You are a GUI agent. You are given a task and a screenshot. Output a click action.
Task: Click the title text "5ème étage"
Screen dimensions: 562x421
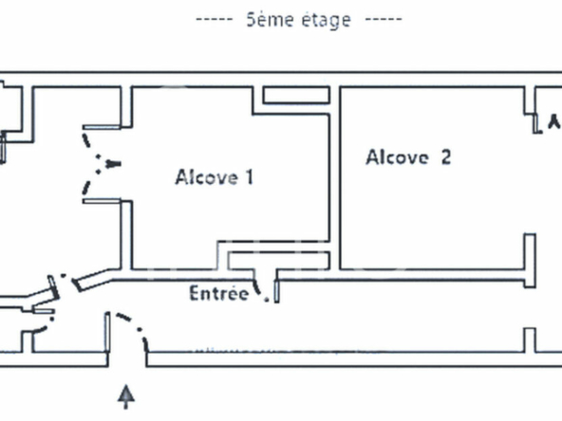click(x=298, y=20)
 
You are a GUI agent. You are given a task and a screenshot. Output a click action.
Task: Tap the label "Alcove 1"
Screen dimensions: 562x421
click(x=215, y=177)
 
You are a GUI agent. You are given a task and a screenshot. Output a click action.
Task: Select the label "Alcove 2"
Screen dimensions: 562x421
click(x=408, y=157)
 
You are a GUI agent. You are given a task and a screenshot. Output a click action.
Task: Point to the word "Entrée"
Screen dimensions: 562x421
click(x=218, y=293)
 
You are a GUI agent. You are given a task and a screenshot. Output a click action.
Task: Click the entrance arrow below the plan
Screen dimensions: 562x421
click(x=126, y=396)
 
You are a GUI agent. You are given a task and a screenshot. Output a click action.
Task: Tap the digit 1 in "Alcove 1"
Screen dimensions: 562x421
click(x=250, y=177)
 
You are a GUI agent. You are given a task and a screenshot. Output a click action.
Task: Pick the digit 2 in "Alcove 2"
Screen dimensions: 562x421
click(x=446, y=157)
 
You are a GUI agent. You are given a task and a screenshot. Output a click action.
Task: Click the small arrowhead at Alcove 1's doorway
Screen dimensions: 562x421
click(x=113, y=164)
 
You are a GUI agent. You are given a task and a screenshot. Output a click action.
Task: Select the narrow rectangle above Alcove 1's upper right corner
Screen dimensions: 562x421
click(x=296, y=95)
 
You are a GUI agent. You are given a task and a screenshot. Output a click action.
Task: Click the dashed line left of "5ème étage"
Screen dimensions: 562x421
click(x=215, y=20)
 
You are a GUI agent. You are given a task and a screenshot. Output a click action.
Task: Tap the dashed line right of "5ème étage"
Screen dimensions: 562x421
click(x=384, y=19)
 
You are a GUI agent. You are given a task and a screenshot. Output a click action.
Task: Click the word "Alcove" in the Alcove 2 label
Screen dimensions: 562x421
click(x=397, y=157)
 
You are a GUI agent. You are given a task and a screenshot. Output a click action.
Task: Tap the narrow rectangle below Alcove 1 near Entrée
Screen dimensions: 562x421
click(x=279, y=261)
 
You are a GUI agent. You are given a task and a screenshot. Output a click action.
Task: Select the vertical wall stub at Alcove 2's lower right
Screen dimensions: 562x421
click(x=530, y=260)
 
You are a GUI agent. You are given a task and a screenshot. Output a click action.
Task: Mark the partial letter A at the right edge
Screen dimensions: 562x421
click(x=555, y=121)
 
